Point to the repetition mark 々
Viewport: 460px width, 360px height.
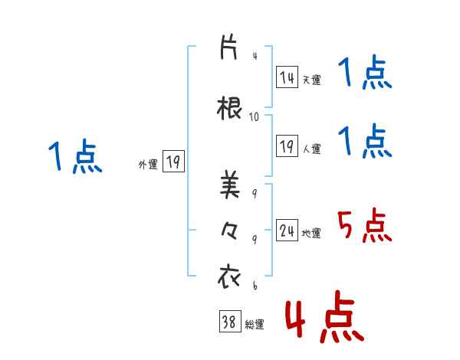click(x=230, y=231)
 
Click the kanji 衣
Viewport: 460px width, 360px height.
click(x=230, y=277)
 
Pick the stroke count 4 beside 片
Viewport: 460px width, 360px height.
click(x=255, y=57)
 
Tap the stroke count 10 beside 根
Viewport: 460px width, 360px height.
click(x=255, y=117)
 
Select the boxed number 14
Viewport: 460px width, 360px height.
click(x=287, y=77)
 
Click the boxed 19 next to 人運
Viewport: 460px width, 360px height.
click(x=287, y=146)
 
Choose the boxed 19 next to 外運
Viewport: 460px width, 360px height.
click(x=172, y=162)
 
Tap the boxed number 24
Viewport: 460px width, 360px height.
click(x=287, y=231)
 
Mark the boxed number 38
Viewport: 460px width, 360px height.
click(x=229, y=322)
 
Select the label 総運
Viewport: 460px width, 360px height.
click(x=254, y=325)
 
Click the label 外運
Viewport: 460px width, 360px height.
click(x=147, y=164)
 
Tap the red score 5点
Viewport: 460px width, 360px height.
click(x=364, y=225)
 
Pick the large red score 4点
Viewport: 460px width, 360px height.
click(x=324, y=317)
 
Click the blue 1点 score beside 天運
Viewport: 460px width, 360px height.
click(x=364, y=74)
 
